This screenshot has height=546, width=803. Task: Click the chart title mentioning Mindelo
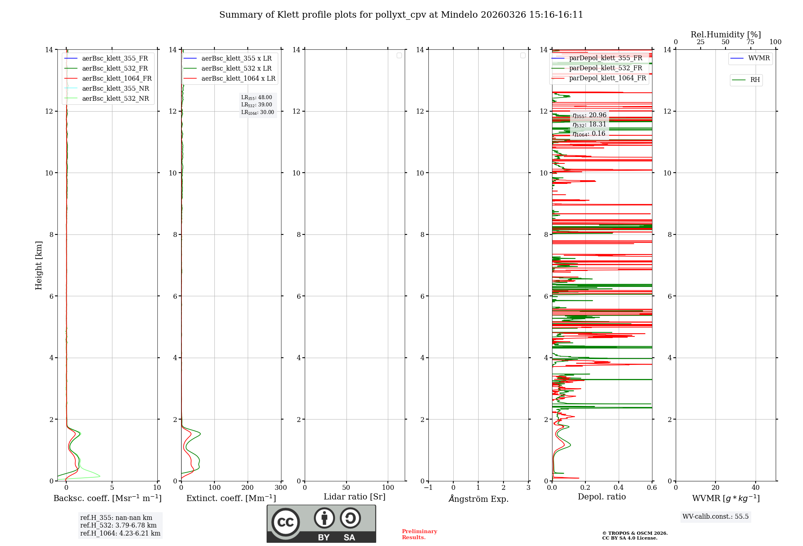coord(401,15)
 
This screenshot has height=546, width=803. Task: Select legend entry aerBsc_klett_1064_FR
coord(116,79)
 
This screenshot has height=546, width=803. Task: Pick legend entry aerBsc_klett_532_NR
coord(115,99)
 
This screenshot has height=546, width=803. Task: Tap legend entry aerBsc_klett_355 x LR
coord(236,59)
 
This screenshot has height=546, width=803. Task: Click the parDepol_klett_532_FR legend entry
coord(605,68)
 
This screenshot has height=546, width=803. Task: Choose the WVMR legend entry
coord(758,58)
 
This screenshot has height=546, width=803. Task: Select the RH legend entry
coord(754,80)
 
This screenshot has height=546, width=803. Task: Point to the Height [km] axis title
coord(39,265)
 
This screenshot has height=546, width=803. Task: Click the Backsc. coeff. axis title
coord(107,498)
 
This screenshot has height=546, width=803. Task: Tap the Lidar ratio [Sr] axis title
coord(354,497)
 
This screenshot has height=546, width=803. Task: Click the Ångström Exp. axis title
coord(478,499)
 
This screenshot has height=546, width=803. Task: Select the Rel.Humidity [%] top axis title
coord(726,35)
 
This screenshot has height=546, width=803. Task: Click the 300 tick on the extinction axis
coord(281,488)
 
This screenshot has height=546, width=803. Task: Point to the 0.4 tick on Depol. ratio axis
coord(618,488)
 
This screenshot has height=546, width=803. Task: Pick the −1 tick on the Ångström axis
coord(428,488)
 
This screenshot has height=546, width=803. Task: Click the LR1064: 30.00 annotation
coord(257,112)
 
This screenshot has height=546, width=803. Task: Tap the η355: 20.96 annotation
coord(589,115)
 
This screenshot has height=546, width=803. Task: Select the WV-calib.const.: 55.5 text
coord(715,517)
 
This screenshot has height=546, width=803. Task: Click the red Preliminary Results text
coord(419,534)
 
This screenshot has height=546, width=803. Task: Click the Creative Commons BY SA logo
coord(321,524)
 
